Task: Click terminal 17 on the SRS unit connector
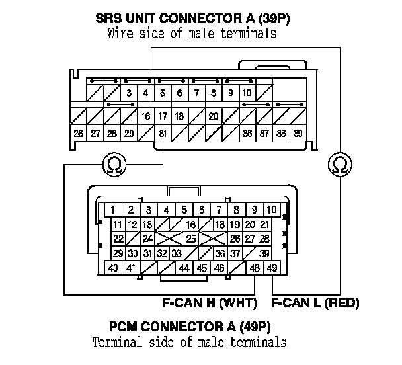(163, 116)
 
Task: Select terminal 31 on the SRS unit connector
(163, 133)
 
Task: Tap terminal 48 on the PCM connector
(255, 268)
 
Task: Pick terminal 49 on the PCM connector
(272, 268)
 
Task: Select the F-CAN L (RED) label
(315, 304)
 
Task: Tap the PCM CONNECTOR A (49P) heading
(191, 327)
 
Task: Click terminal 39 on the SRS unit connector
(298, 133)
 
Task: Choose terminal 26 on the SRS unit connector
(79, 133)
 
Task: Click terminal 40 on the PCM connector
(114, 268)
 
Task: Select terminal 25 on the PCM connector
(191, 239)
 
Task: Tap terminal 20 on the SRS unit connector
(213, 116)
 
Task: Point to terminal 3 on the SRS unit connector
(129, 93)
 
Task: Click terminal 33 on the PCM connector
(177, 253)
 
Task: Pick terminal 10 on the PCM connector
(271, 210)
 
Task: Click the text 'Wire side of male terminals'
(191, 34)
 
